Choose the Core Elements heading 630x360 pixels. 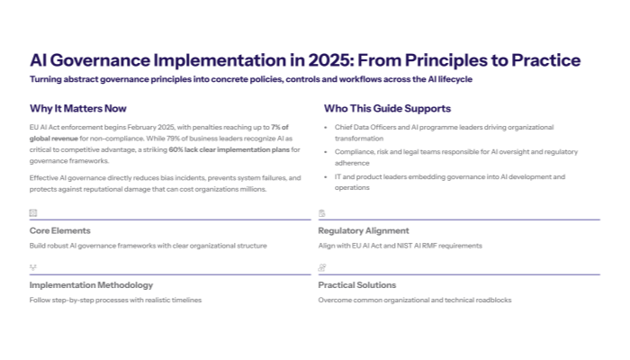click(x=59, y=231)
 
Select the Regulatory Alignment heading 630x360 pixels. click(x=363, y=231)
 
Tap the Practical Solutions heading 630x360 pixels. click(x=356, y=285)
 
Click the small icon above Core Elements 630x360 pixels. click(x=33, y=213)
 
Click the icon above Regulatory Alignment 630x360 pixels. click(x=321, y=213)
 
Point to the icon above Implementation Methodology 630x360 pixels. click(x=33, y=267)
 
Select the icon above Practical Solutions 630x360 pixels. click(x=321, y=267)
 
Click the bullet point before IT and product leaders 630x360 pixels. click(x=325, y=176)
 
